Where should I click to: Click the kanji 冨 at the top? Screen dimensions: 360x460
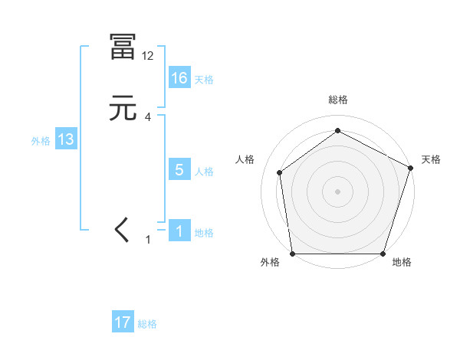tap(123, 47)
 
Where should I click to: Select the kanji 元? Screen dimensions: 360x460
tap(123, 109)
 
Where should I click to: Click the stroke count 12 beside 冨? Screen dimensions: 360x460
tap(148, 56)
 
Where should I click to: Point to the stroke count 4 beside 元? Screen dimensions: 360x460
tap(148, 117)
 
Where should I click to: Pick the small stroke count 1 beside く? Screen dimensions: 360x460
tap(149, 240)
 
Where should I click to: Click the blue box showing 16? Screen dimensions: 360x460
tap(179, 77)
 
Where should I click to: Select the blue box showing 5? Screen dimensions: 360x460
tap(179, 170)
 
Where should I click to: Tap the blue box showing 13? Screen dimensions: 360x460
tap(66, 139)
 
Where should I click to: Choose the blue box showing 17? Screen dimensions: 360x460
tap(123, 322)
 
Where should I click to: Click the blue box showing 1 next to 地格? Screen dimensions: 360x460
tap(179, 231)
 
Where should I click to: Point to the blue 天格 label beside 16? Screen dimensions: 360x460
tap(204, 79)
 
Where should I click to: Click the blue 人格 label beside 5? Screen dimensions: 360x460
tap(204, 172)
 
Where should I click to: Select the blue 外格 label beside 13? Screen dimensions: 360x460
tap(41, 141)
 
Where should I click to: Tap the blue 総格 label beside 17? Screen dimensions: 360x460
tap(147, 324)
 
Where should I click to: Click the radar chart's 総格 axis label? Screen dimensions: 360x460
tap(338, 100)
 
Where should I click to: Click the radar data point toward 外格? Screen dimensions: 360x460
tap(292, 254)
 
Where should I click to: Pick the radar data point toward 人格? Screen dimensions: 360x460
tap(280, 172)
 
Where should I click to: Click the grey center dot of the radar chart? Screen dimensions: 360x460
tap(338, 191)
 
